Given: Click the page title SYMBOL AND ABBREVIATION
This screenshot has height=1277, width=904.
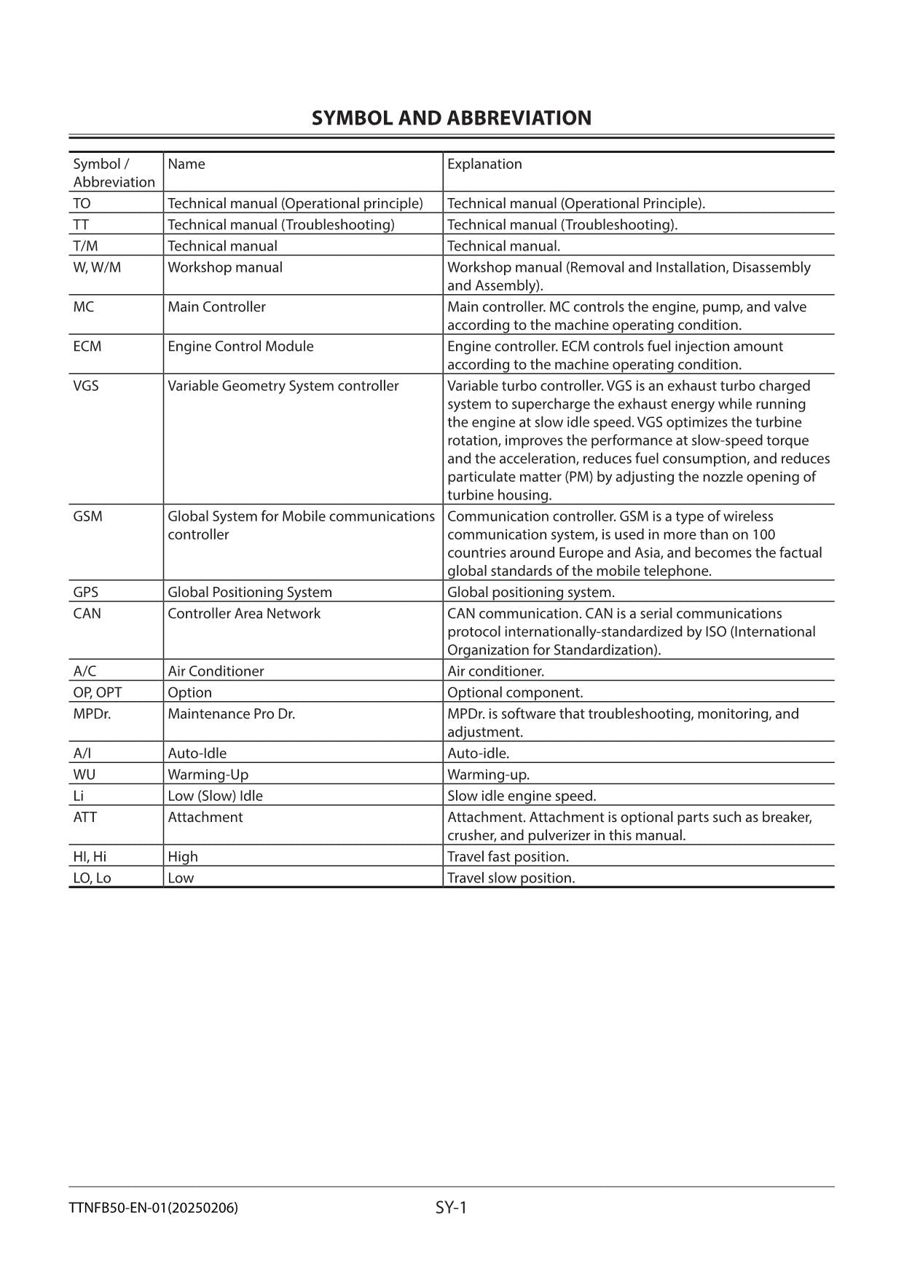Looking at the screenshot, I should click(x=451, y=119).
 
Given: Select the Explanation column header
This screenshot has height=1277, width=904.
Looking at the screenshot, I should click(x=484, y=164).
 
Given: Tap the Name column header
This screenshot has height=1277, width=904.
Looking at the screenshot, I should click(x=186, y=164).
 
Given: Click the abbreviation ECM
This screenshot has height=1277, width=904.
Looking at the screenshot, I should click(x=87, y=347).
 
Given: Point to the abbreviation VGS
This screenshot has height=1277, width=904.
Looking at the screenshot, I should click(x=86, y=386).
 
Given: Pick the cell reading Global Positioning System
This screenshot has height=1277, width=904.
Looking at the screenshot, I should click(x=250, y=592).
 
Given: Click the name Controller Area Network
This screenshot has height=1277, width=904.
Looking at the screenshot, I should click(x=244, y=613).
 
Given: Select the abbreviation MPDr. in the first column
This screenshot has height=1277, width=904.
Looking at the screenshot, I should click(x=92, y=713).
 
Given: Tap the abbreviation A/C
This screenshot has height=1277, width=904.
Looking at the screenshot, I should click(x=84, y=671).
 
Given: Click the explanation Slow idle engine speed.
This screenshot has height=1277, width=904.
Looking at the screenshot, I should click(x=522, y=796).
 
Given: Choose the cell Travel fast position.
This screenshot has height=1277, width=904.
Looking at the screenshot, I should click(x=508, y=856).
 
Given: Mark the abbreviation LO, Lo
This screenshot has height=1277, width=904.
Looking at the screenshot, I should click(x=92, y=878).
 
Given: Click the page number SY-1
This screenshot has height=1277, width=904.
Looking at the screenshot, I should click(x=451, y=1208).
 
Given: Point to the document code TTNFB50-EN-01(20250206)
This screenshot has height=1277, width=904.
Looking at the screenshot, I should click(x=153, y=1209).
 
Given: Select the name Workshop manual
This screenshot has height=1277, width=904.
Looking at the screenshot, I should click(x=225, y=267).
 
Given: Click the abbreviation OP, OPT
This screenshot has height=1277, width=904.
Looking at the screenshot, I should click(x=98, y=692).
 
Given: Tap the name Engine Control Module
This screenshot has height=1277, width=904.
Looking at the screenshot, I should click(x=240, y=347).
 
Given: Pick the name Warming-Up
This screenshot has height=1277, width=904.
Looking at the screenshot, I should click(x=208, y=775).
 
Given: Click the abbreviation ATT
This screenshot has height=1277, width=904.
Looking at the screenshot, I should click(x=85, y=817).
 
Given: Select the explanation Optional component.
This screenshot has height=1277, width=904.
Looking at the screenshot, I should click(x=515, y=692).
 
